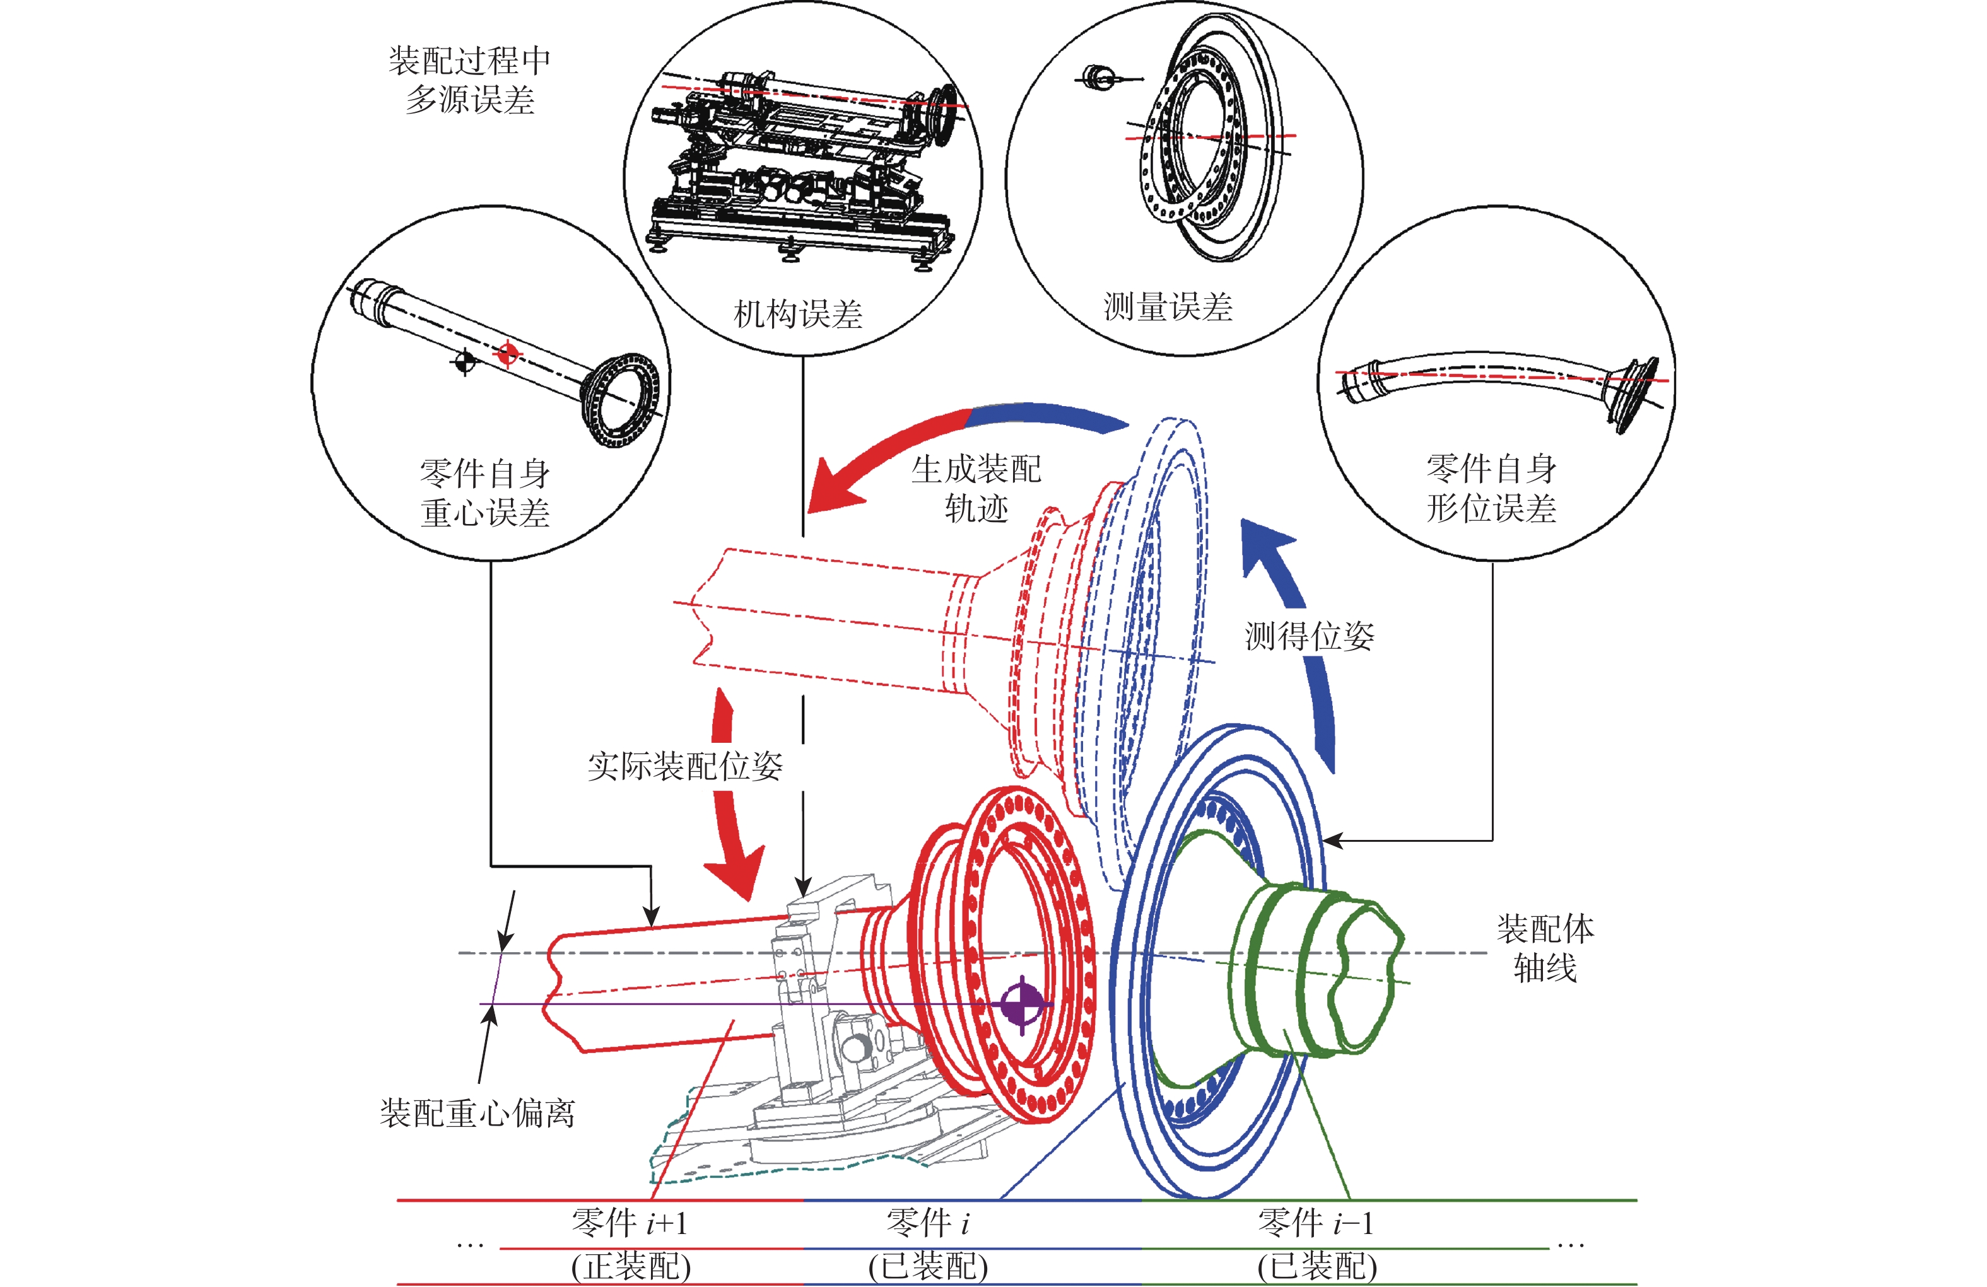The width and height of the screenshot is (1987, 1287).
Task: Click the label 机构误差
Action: [x=797, y=315]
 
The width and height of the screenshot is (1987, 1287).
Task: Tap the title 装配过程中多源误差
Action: [x=470, y=80]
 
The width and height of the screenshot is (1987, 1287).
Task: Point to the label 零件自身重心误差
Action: [x=485, y=492]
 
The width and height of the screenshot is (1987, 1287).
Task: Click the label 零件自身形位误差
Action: [x=1491, y=488]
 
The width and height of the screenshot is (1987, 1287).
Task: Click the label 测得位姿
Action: [x=1309, y=637]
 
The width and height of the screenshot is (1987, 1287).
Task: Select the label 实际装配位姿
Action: [x=684, y=766]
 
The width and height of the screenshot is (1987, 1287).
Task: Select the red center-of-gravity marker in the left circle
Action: [x=506, y=354]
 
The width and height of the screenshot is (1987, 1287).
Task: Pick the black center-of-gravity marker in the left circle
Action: [x=464, y=361]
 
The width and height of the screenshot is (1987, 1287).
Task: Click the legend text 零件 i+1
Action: [x=630, y=1223]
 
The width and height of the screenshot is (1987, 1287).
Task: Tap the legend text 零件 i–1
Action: [x=1315, y=1223]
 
